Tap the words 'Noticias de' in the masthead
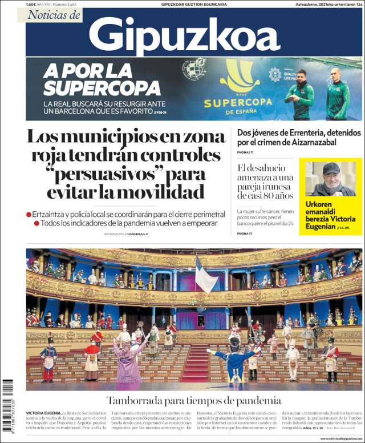click(x=55, y=15)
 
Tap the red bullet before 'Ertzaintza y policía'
click(x=29, y=214)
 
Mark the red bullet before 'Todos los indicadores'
click(x=36, y=223)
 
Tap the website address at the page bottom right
click(x=340, y=438)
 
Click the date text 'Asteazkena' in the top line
click(x=303, y=4)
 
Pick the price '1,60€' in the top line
click(x=31, y=4)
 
